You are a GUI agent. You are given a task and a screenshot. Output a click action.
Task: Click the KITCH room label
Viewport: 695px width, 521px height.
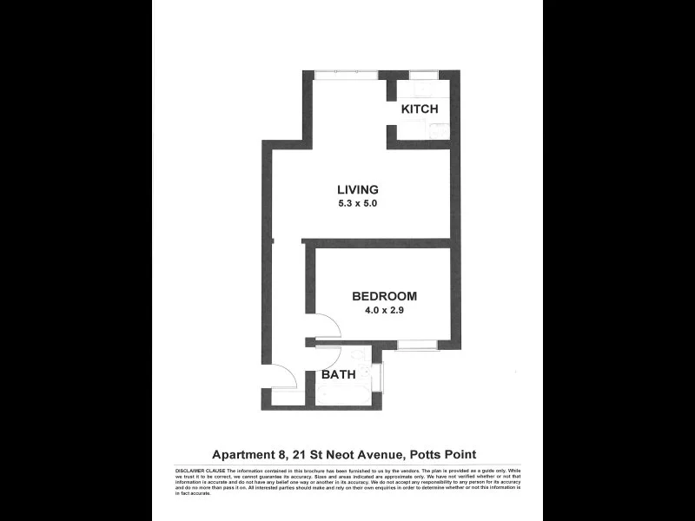point(419,110)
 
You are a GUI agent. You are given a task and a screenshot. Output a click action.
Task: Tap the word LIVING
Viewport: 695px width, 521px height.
point(358,190)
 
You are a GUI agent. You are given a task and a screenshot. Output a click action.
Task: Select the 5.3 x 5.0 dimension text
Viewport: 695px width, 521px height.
point(358,205)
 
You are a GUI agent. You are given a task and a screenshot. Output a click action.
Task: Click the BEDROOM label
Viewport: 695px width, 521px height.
point(385,295)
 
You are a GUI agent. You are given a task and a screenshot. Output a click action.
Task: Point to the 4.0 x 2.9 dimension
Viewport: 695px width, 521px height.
point(385,310)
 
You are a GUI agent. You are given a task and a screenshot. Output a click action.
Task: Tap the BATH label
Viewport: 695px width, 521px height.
point(337,375)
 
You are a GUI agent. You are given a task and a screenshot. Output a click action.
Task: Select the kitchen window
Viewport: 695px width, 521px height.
point(424,73)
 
